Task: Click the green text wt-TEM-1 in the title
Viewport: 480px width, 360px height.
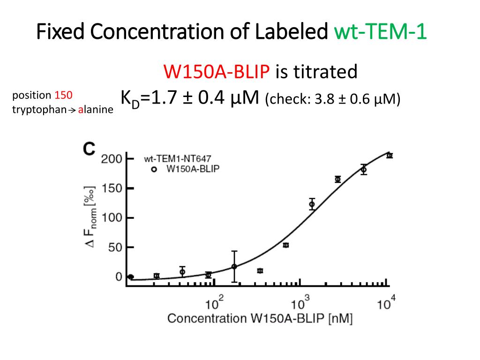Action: [380, 33]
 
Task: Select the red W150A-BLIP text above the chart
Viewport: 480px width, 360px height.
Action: [217, 72]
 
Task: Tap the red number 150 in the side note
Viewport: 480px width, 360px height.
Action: [63, 95]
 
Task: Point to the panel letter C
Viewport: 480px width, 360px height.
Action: [89, 149]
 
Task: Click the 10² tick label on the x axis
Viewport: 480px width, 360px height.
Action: [216, 303]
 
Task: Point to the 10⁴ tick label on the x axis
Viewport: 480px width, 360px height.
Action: [386, 303]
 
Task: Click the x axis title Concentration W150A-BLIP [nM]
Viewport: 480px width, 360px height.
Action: [260, 319]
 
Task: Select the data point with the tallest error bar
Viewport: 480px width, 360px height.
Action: [234, 266]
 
